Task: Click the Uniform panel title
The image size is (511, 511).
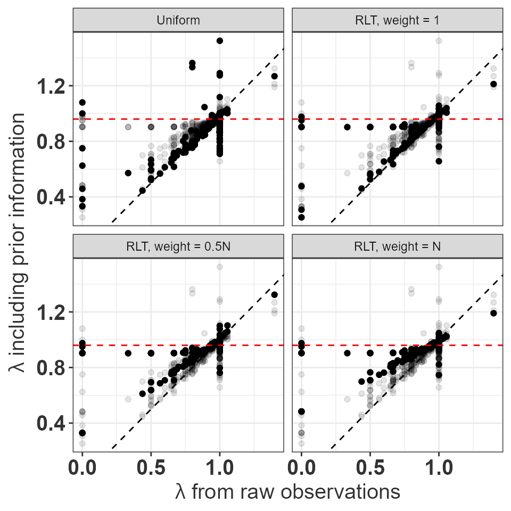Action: click(x=178, y=21)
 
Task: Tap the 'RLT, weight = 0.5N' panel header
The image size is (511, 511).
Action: click(x=178, y=246)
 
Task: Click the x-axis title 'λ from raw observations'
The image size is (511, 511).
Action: click(x=287, y=491)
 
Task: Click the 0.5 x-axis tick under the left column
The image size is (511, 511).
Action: click(x=151, y=469)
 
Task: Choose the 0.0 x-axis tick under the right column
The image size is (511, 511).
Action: click(x=301, y=469)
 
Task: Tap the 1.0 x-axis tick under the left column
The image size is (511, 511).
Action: click(x=219, y=469)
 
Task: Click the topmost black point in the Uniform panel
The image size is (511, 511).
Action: click(x=219, y=40)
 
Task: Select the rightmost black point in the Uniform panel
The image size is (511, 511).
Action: click(x=274, y=76)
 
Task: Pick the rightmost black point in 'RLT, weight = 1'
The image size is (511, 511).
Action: click(x=493, y=84)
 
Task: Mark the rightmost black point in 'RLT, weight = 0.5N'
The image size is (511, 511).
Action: click(x=274, y=294)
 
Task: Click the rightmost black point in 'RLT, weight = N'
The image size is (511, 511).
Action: click(x=493, y=313)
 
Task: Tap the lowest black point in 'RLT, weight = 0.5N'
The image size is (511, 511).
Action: click(x=82, y=433)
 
